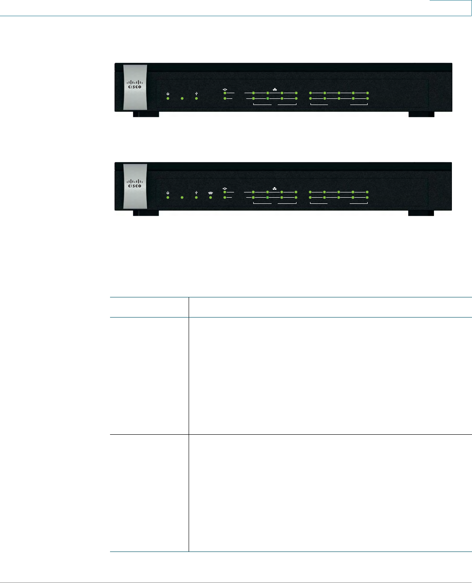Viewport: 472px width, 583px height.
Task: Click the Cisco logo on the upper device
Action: click(134, 84)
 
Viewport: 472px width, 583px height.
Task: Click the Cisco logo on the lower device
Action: click(134, 183)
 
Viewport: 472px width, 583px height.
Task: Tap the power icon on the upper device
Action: click(168, 94)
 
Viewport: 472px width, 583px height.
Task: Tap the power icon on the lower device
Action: click(168, 192)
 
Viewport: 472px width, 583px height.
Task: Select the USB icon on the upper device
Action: click(196, 94)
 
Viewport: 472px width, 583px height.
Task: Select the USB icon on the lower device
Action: click(196, 192)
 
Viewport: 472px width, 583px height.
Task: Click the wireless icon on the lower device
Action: click(210, 192)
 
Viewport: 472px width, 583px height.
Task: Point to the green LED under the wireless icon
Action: click(210, 198)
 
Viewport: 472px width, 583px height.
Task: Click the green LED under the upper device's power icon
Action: click(168, 99)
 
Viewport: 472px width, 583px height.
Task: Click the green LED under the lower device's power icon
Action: click(168, 198)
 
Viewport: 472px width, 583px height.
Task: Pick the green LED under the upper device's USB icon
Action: click(196, 99)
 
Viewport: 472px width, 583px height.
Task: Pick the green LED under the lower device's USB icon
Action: click(196, 198)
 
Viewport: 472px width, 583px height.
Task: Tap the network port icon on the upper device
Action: click(275, 89)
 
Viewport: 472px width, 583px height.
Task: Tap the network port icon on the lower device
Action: click(275, 188)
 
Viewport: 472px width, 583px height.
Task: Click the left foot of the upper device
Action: click(146, 115)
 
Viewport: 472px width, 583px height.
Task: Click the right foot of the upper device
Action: click(421, 115)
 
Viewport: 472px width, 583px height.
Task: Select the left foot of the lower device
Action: click(146, 213)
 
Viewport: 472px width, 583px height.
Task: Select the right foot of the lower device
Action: click(421, 213)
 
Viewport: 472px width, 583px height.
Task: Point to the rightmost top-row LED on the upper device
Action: click(368, 93)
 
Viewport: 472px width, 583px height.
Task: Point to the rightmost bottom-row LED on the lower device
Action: click(368, 198)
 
